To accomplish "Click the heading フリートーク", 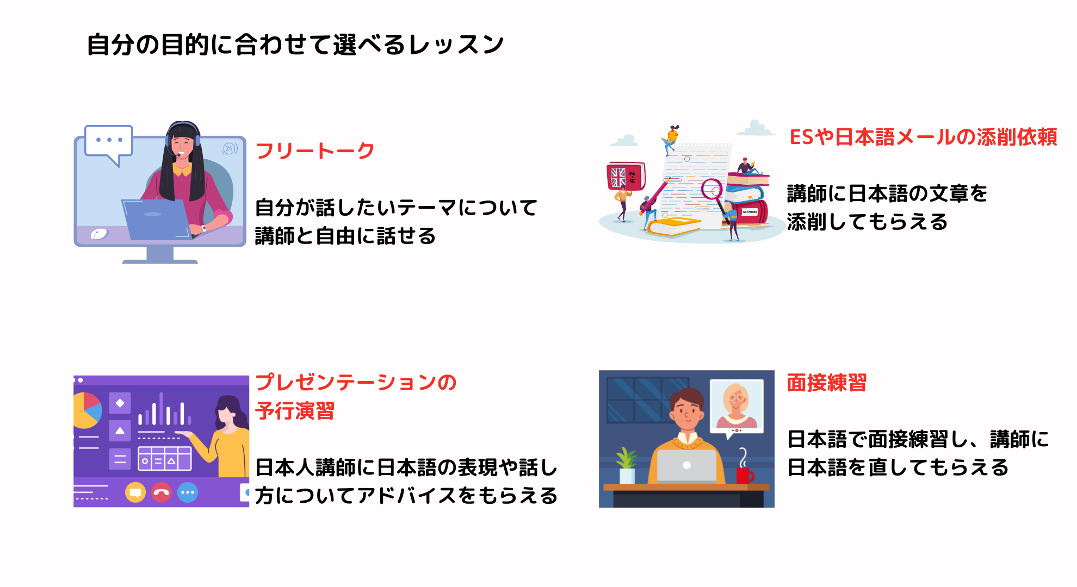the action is click(314, 151).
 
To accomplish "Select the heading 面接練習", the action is click(826, 383).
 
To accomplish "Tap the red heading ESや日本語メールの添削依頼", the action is click(923, 137).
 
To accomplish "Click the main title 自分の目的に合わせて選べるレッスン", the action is click(295, 45).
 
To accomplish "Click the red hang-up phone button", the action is click(162, 492).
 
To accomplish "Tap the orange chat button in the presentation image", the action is click(135, 492).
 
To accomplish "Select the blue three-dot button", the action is click(188, 492).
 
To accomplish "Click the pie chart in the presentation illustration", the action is click(86, 410).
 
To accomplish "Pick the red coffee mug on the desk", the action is click(744, 475).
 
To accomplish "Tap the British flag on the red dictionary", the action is click(618, 177).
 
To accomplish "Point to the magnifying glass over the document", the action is click(711, 190).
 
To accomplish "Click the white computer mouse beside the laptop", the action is click(99, 234).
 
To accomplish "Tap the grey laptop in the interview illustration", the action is click(686, 466).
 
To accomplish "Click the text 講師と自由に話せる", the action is click(345, 236).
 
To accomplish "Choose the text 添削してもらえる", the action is click(867, 222).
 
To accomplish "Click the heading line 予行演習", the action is click(295, 411).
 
